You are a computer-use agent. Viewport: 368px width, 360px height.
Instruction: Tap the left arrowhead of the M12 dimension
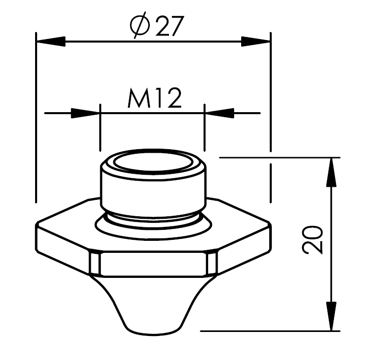85,113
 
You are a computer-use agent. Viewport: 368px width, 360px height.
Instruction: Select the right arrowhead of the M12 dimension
219,113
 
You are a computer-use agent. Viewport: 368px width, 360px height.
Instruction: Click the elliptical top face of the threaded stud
153,163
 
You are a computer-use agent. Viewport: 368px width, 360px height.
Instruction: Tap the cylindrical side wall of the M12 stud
153,193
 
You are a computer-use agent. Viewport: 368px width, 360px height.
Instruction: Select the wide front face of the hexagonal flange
153,264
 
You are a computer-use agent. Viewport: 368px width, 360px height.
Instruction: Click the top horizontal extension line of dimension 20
281,158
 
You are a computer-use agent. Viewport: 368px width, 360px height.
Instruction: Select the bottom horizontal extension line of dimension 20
271,331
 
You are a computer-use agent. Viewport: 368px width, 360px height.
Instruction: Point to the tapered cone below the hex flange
153,300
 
